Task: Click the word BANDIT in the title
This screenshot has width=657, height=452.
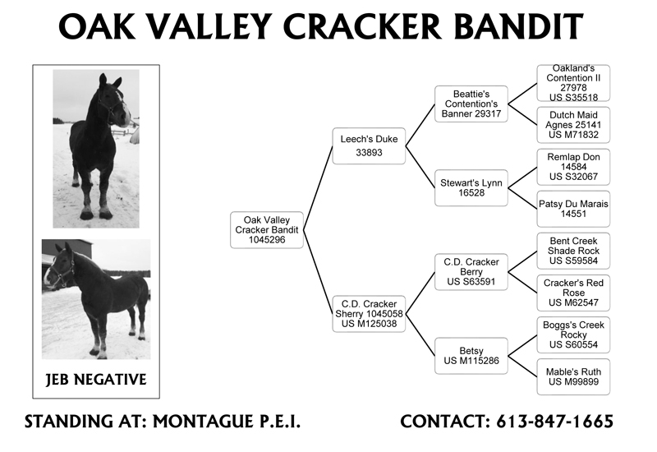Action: click(518, 26)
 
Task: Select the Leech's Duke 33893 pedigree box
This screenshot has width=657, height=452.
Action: click(369, 146)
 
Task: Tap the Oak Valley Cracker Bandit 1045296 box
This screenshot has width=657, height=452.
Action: click(266, 230)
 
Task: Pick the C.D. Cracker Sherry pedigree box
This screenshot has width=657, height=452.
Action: click(369, 314)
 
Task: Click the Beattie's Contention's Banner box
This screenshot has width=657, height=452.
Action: click(471, 104)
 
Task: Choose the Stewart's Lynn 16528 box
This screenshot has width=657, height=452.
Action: click(471, 188)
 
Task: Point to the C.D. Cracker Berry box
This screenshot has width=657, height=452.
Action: click(471, 272)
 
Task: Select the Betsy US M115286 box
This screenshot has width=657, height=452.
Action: click(471, 356)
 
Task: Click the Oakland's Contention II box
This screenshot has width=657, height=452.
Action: click(573, 83)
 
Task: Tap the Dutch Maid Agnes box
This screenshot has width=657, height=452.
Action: click(573, 125)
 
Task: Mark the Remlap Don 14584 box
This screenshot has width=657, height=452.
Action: click(573, 167)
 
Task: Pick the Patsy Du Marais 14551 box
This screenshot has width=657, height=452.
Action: click(573, 209)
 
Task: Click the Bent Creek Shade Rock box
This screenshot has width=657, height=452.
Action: click(573, 251)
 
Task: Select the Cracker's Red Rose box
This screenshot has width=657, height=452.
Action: click(573, 293)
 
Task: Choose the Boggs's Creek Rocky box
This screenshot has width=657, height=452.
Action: click(573, 334)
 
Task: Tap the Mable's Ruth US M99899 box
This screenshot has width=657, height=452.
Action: click(573, 376)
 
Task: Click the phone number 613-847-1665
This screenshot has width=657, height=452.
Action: click(555, 422)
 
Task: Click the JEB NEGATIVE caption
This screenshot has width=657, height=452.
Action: click(96, 380)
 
